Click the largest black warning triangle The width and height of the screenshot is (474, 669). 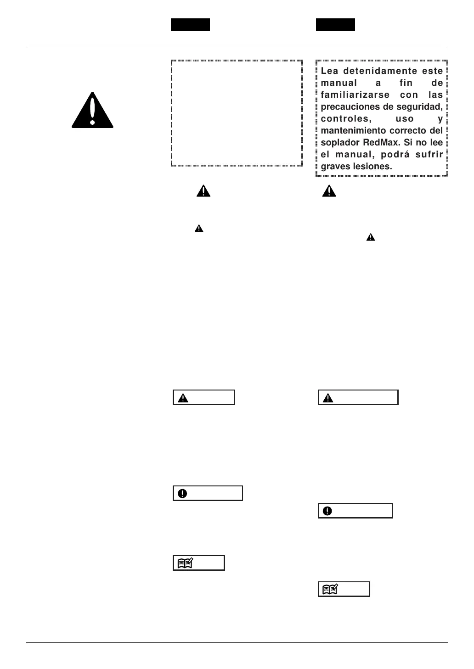click(92, 111)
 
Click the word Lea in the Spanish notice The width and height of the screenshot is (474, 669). click(329, 71)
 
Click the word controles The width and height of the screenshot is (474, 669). click(344, 119)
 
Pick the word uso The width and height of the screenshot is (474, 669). click(404, 119)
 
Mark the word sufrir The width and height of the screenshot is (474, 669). click(429, 155)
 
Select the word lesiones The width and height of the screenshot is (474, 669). click(372, 167)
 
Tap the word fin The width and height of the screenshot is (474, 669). click(406, 83)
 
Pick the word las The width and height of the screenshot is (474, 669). click(435, 95)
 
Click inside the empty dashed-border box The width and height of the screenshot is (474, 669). click(237, 112)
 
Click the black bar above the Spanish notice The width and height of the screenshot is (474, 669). click(335, 25)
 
